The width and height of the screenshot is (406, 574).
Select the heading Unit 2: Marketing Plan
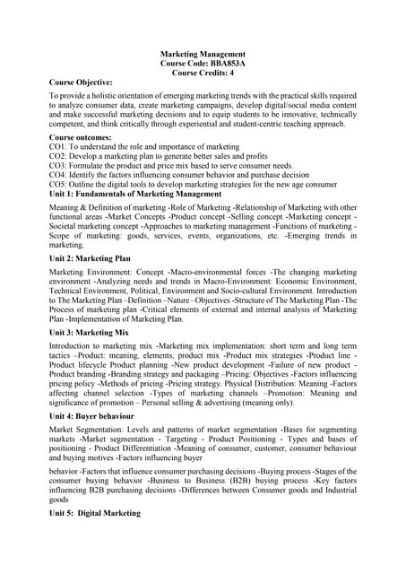(x=90, y=258)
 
